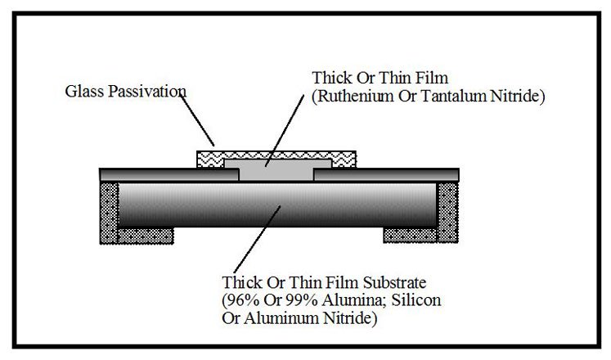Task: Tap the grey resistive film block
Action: tap(270, 171)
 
